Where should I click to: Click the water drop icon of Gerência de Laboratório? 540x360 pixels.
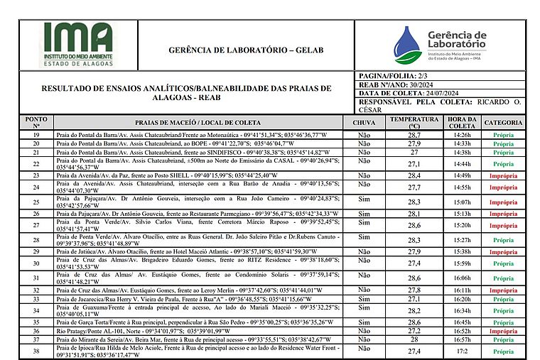tap(407, 45)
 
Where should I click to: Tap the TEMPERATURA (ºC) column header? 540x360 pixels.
tap(414, 122)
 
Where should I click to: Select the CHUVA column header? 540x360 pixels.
tap(364, 122)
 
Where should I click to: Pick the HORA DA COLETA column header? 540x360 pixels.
tap(462, 122)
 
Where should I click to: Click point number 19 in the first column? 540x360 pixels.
tap(36, 134)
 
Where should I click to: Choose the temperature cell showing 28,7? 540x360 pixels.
tap(414, 134)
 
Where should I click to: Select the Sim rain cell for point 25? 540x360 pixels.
tap(364, 202)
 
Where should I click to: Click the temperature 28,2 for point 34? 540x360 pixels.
tap(414, 310)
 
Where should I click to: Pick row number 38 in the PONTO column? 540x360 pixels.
tap(36, 351)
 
